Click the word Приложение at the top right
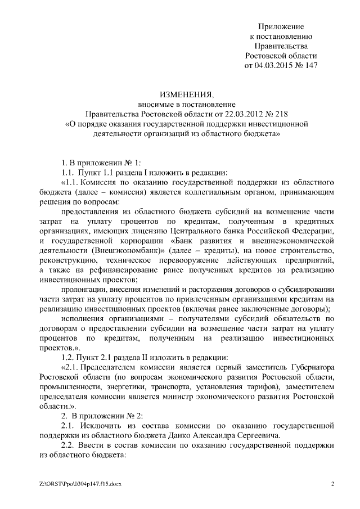coord(281,26)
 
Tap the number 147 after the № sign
coord(310,65)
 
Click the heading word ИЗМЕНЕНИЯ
coord(179,94)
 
